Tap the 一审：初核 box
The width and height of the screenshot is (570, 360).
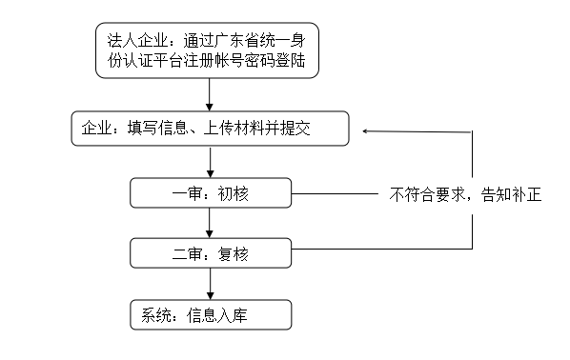coord(209,193)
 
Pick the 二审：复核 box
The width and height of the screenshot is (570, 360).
coord(209,253)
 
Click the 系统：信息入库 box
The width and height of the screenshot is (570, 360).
coord(209,314)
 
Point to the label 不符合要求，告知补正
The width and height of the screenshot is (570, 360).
coord(465,194)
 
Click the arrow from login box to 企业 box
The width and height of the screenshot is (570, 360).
coord(209,95)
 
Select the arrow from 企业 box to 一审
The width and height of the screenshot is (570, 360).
coord(209,161)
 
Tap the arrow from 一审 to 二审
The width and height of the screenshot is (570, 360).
coord(209,223)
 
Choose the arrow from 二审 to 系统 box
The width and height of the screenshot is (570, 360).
coord(209,283)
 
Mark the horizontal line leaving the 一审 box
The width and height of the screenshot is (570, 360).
coord(334,194)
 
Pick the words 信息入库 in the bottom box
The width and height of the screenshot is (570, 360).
coord(217,315)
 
